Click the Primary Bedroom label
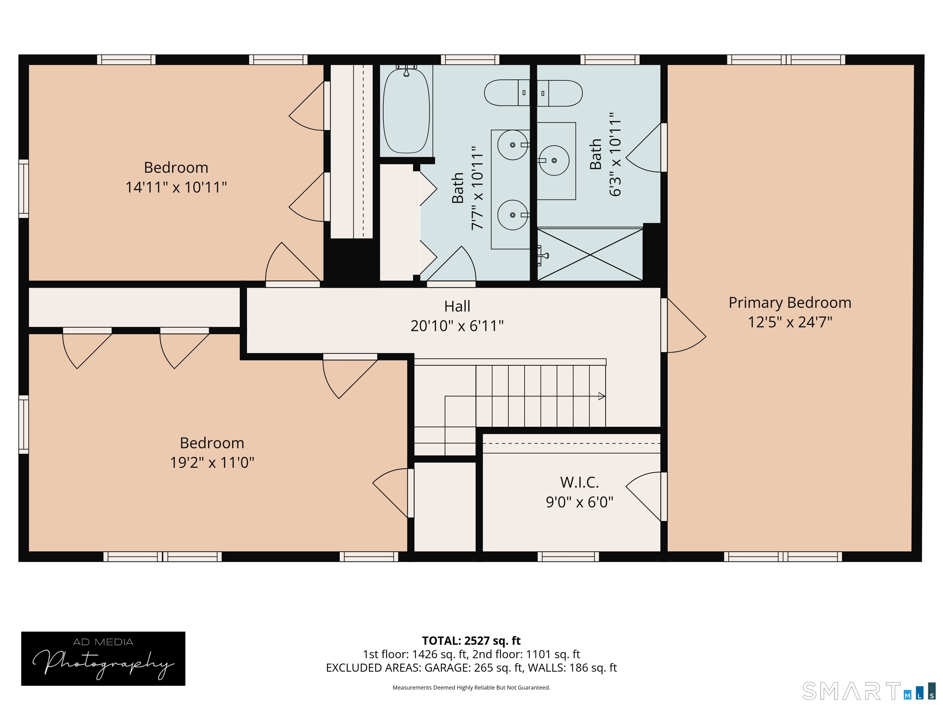tap(790, 303)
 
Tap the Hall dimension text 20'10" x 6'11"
tap(457, 326)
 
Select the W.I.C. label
tap(579, 482)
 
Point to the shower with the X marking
tap(590, 254)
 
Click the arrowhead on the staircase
tap(602, 396)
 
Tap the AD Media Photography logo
tap(103, 659)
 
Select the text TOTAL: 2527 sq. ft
tap(471, 640)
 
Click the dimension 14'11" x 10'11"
tap(176, 187)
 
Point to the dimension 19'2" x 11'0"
tap(212, 462)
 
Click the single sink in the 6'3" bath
tap(554, 161)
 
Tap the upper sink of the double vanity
tap(513, 145)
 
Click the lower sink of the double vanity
tap(513, 215)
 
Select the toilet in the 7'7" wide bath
tap(507, 92)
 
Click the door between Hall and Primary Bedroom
tap(683, 325)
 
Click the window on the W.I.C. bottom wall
tap(568, 557)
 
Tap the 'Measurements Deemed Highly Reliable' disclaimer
tap(471, 687)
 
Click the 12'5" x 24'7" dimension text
tap(790, 322)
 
